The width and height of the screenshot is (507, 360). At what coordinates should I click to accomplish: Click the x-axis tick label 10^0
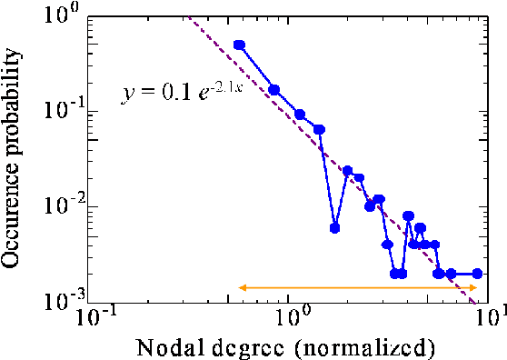292,318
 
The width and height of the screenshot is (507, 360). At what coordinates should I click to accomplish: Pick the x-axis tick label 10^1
489,318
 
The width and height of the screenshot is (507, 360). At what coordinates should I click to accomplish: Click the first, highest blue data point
239,45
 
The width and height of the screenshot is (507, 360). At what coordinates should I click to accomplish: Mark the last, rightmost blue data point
477,273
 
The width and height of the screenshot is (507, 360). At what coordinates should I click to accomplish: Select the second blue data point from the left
274,90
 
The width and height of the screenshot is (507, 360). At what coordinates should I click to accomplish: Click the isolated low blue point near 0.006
334,227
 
